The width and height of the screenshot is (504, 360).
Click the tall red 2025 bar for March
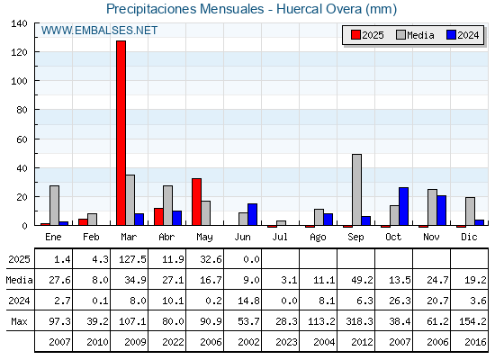point(121,133)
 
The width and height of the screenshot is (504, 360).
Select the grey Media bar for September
point(356,190)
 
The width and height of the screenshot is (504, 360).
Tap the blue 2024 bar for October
point(404,206)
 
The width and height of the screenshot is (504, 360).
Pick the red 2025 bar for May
point(197,202)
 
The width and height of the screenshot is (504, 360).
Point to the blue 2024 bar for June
point(253,214)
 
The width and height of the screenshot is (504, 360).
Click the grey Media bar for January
point(55,205)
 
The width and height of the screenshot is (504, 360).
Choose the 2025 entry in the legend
point(367,35)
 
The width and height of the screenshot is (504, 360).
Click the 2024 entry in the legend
point(463,35)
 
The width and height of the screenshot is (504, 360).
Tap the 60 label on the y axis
point(22,139)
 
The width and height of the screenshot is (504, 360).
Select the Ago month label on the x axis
point(319,238)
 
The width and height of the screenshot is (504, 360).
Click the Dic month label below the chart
point(469,237)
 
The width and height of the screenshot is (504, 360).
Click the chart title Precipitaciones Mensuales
point(184,9)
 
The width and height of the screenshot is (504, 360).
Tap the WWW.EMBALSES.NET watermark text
point(99,31)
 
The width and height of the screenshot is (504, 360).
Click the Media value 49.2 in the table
point(362,280)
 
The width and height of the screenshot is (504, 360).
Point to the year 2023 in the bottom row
point(287,342)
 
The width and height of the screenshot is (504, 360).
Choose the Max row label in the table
point(19,321)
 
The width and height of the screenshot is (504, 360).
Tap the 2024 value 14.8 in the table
point(248,301)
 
